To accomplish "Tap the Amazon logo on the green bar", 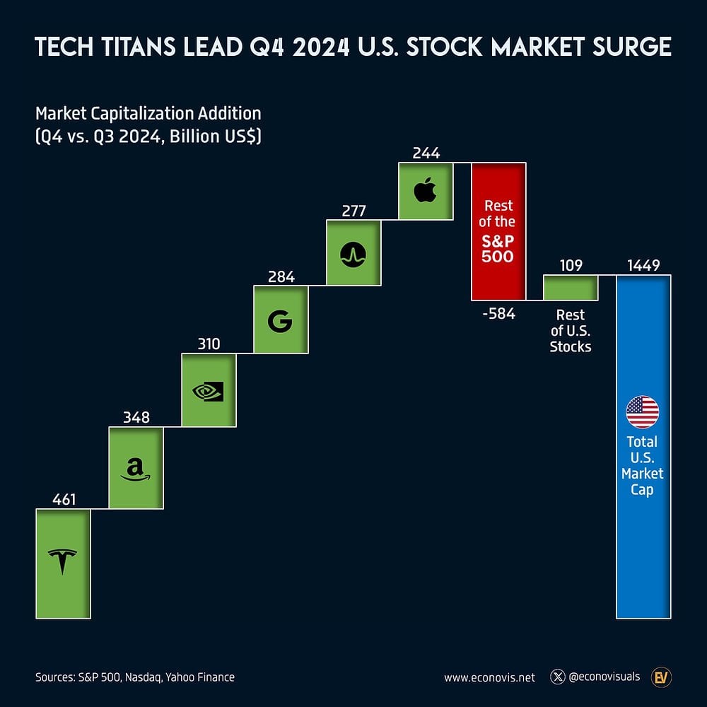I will tap(136, 468).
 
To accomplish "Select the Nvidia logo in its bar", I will tap(209, 391).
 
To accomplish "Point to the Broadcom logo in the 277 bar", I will tap(353, 254).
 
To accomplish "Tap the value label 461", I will tap(64, 500).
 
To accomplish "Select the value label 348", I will tap(136, 417).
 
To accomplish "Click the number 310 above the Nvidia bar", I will tap(209, 344).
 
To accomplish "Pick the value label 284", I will tap(281, 276).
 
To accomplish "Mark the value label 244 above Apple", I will tap(426, 153).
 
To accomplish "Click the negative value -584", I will tap(498, 314).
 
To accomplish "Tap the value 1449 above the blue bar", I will tap(643, 265).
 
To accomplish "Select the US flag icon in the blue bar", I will tap(643, 412).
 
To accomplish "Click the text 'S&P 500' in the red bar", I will tap(498, 248).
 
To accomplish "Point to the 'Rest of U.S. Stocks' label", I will tap(571, 330).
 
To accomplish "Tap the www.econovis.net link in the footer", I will tap(489, 677).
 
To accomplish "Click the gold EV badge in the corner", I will tap(662, 677).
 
